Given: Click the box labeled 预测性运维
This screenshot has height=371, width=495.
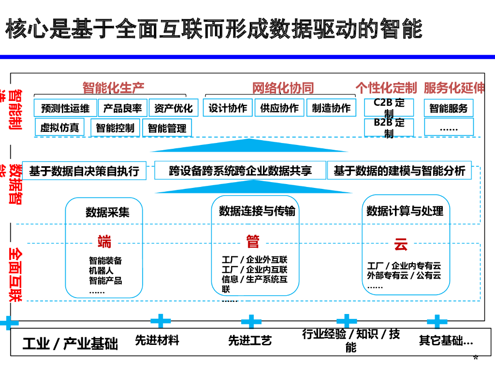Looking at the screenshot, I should [x=65, y=108].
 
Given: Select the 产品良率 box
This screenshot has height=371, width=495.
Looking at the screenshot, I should [x=123, y=108].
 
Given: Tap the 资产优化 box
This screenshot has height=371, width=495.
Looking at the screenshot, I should [x=173, y=108].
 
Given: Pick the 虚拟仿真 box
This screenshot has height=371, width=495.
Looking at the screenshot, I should [x=59, y=128].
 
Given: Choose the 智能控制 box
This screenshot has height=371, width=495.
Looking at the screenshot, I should [x=115, y=128].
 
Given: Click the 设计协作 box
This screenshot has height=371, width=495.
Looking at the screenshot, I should [x=228, y=108].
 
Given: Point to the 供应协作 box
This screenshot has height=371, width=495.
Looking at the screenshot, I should [x=279, y=108].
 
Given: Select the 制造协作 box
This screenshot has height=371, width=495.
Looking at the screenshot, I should [x=331, y=108].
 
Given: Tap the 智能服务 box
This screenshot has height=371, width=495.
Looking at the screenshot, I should [x=449, y=108].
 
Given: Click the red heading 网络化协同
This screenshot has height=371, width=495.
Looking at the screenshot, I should [x=283, y=88].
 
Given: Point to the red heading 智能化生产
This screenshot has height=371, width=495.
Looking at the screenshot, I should [x=113, y=88].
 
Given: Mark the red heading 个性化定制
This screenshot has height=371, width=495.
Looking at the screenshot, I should [x=386, y=88].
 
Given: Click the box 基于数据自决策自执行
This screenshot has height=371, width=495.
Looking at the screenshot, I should [x=84, y=171].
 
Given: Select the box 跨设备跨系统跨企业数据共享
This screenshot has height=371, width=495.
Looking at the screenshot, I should [x=240, y=171].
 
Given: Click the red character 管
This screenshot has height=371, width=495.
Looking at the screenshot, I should [x=252, y=241].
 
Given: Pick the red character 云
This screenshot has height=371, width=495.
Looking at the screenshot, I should [x=401, y=244].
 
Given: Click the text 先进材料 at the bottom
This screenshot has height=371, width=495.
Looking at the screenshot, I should [x=157, y=340].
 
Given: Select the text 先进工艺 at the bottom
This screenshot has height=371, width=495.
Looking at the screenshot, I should [x=250, y=341].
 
